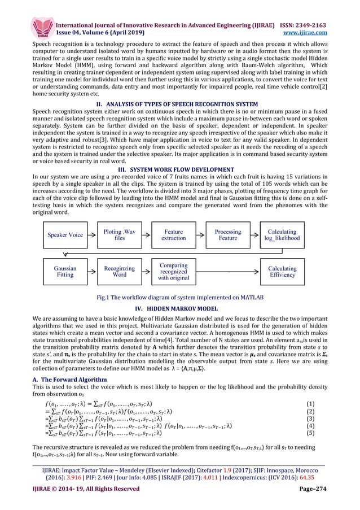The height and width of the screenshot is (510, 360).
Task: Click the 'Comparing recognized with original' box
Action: point(174,272)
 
